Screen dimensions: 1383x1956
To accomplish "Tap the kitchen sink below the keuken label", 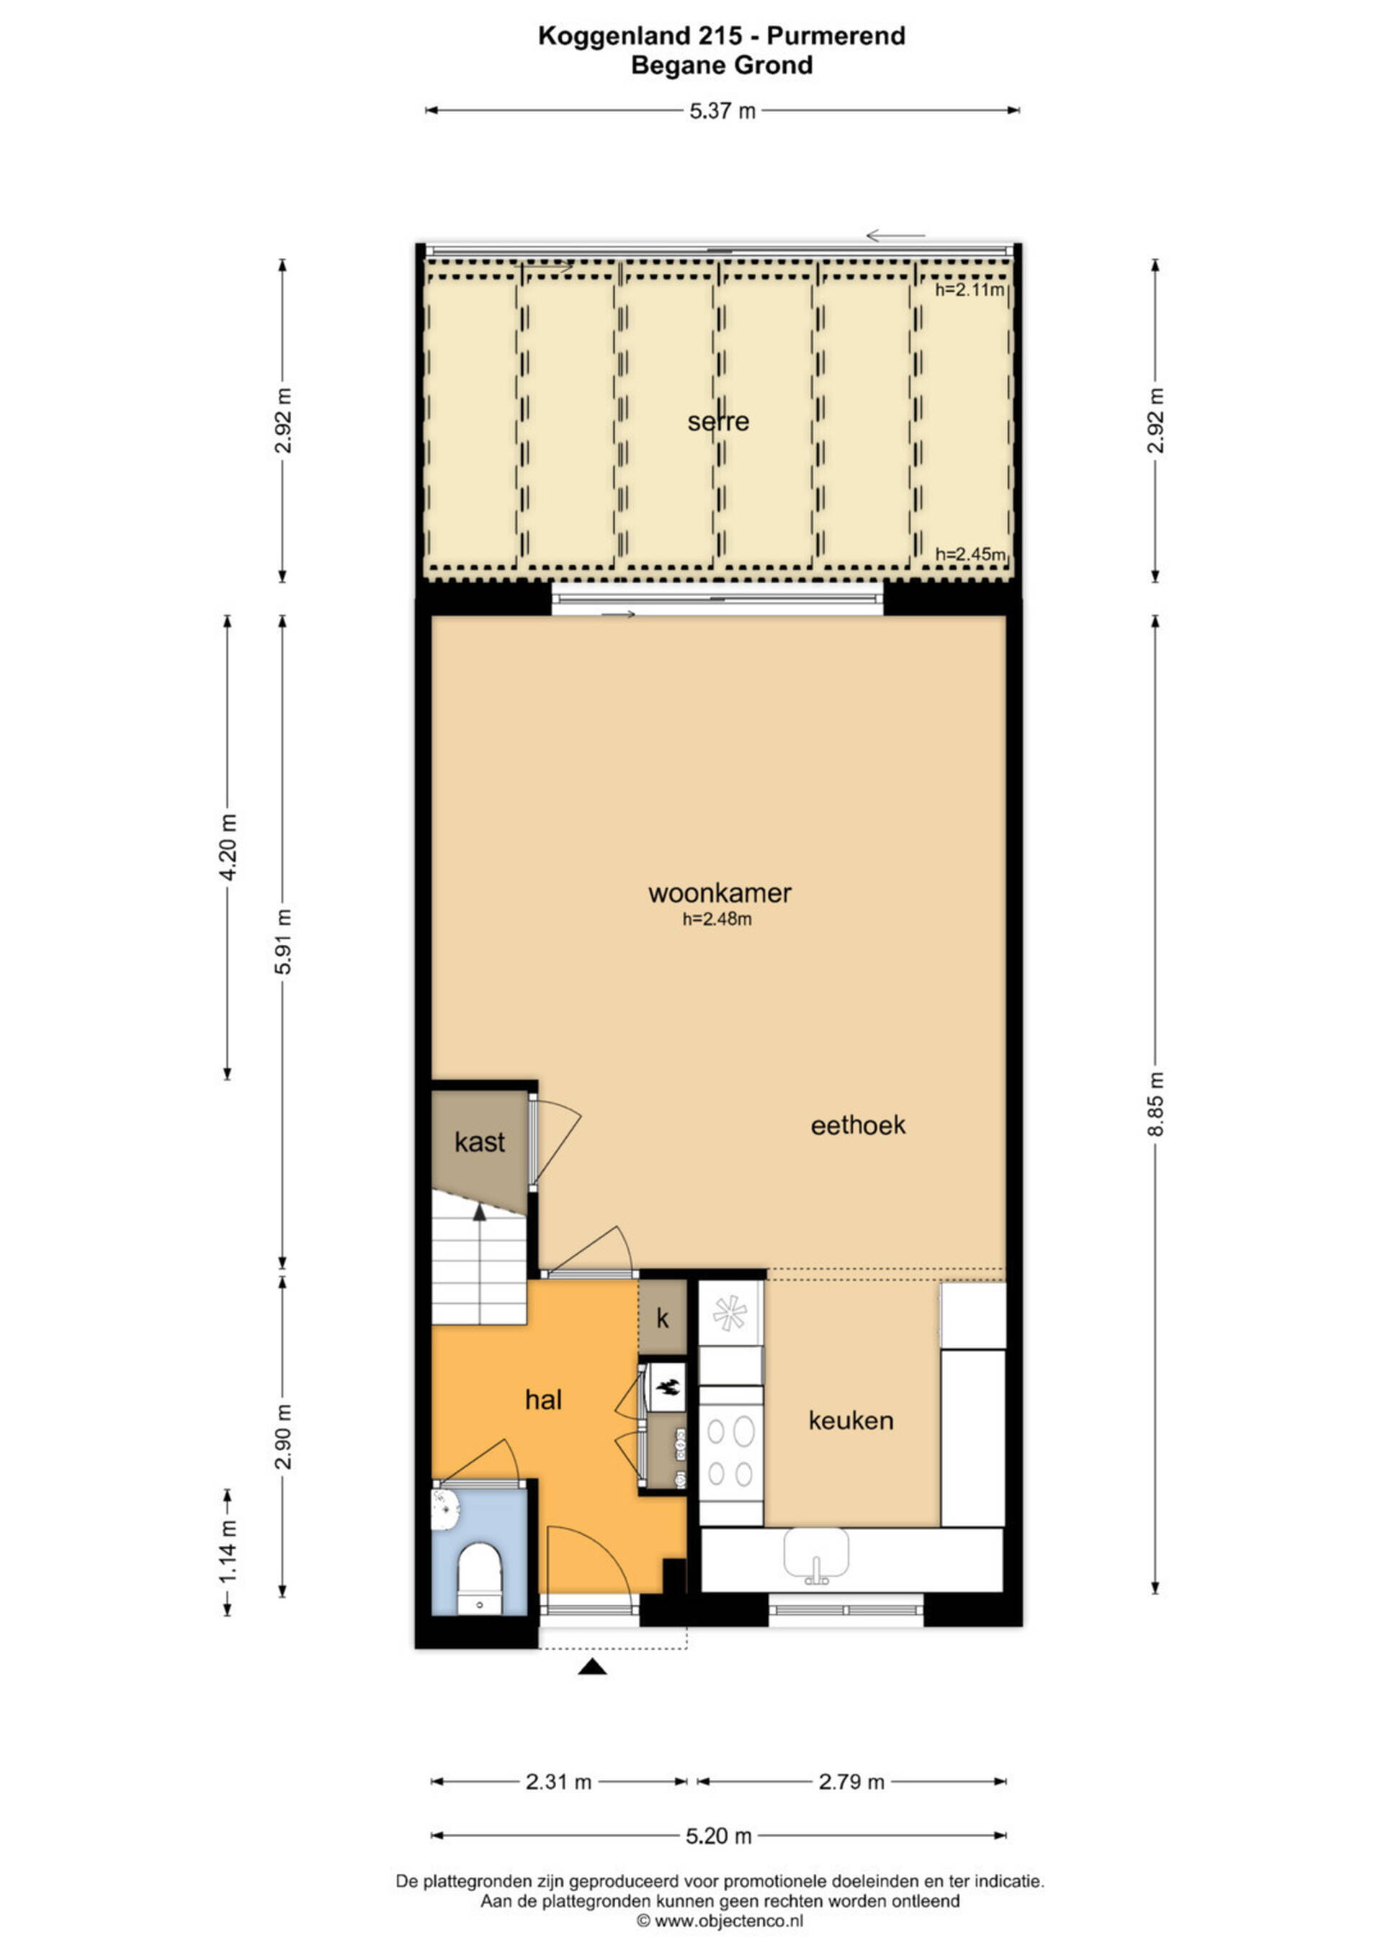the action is click(x=816, y=1553).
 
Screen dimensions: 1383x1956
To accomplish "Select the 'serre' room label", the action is click(x=718, y=421).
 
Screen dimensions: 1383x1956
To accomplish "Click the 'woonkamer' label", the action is click(x=720, y=893).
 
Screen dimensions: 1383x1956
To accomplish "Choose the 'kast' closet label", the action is click(x=480, y=1142).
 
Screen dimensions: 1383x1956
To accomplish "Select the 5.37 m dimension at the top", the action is click(x=722, y=111).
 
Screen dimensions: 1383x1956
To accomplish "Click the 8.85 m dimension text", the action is click(x=1155, y=1104).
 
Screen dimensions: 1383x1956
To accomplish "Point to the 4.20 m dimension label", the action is click(x=228, y=848).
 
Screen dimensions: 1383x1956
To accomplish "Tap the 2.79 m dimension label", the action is click(x=851, y=1782).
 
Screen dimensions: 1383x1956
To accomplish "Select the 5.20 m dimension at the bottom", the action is click(x=719, y=1836).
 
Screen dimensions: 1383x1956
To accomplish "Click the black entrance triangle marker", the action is click(x=592, y=1667).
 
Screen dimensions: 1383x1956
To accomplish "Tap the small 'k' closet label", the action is click(x=663, y=1319).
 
